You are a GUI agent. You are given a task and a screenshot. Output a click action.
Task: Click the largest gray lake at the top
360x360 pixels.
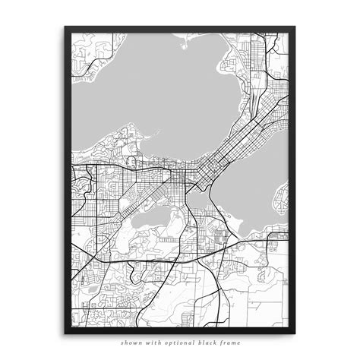point(152,99)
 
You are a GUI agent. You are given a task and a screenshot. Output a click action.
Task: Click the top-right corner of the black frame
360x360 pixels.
point(295,27)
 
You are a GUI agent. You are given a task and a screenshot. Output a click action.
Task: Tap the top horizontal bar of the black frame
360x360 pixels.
point(180,27)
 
